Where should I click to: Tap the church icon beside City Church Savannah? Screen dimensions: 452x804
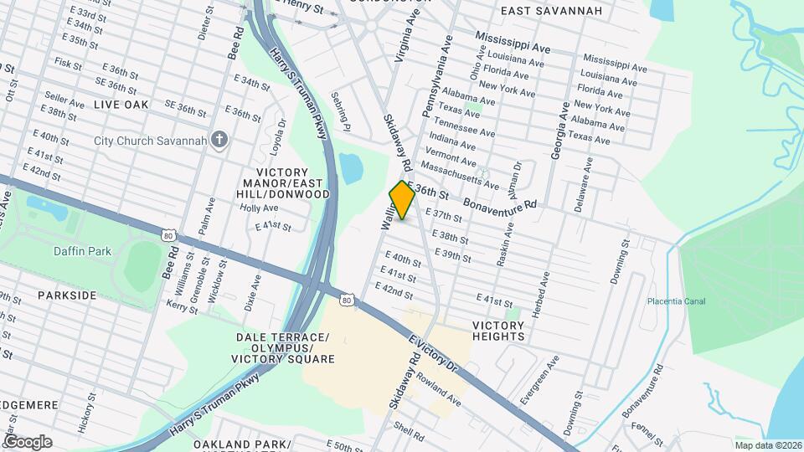tap(219, 140)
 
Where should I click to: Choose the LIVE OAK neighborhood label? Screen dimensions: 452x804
tap(121, 105)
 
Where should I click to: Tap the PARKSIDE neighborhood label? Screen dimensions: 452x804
tap(67, 295)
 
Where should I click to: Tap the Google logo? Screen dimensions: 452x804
tap(28, 442)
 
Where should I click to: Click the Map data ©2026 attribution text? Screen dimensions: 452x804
tap(766, 444)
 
